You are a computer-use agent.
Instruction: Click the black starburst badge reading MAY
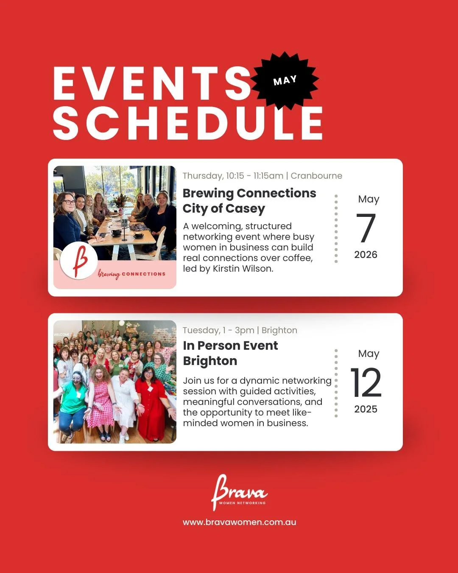[285, 80]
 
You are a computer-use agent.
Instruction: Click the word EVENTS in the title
[153, 84]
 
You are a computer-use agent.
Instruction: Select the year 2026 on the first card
[366, 255]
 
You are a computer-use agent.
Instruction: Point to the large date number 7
[366, 228]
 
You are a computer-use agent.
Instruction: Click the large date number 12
[366, 382]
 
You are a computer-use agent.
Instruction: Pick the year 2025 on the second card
[366, 409]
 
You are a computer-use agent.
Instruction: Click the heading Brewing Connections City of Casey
[249, 201]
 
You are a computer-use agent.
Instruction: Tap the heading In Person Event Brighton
[230, 353]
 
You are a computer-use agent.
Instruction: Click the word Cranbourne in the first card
[316, 176]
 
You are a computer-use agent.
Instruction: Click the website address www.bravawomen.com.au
[239, 522]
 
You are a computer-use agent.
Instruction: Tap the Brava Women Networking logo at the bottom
[239, 492]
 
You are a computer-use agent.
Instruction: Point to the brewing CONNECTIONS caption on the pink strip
[131, 274]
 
